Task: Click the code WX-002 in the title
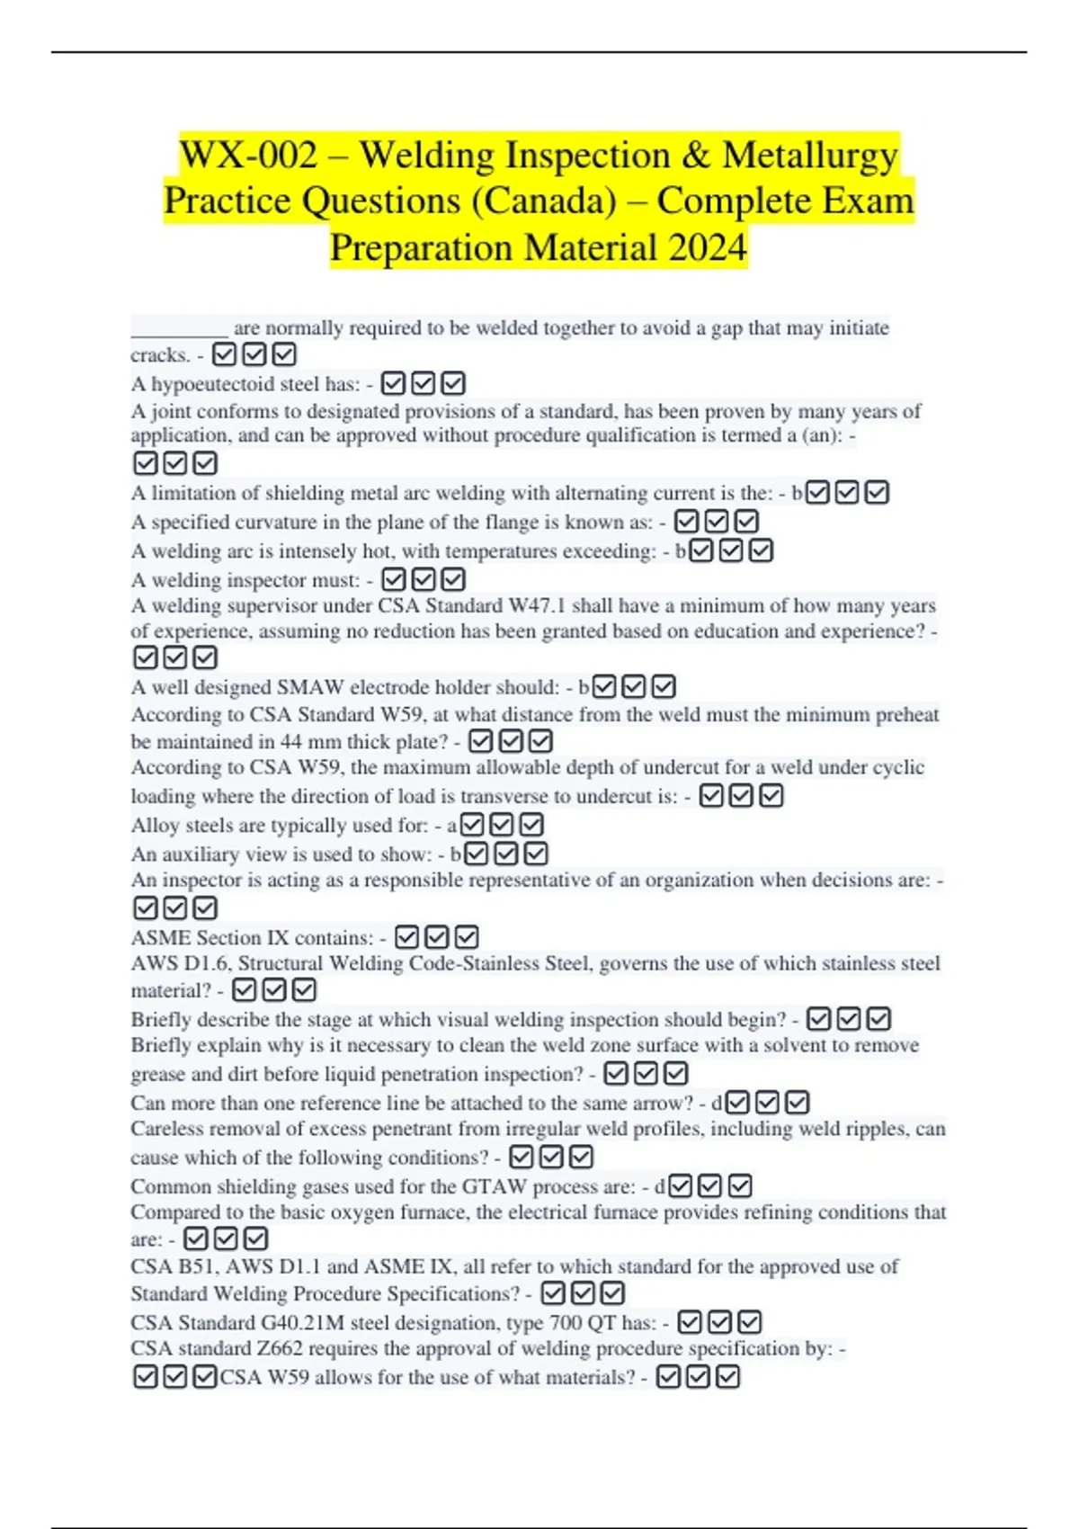click(x=249, y=156)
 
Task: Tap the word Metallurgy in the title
click(x=810, y=156)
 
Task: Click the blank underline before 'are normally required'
click(x=180, y=328)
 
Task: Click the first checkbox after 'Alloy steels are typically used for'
click(x=472, y=825)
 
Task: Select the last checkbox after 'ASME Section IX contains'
click(x=466, y=937)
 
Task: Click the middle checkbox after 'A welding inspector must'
click(x=424, y=580)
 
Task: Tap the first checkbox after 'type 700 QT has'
click(x=690, y=1322)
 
